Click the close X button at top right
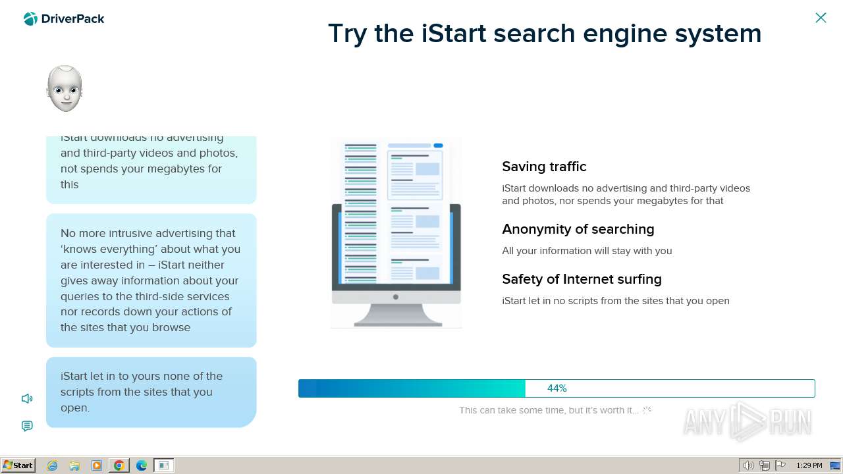(821, 18)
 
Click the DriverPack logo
(64, 19)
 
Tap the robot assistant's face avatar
(65, 89)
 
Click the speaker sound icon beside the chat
(27, 398)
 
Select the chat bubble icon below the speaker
(27, 426)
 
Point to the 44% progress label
(557, 388)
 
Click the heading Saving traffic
(544, 167)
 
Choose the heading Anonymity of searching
(578, 229)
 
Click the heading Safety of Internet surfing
(582, 279)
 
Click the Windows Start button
(18, 465)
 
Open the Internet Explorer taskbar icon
(53, 465)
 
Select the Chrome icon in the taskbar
(119, 465)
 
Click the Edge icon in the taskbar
(142, 465)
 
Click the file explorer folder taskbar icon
(74, 465)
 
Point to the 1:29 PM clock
(809, 465)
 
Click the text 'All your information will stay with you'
(587, 251)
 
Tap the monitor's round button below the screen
(395, 297)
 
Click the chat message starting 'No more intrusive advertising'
(151, 280)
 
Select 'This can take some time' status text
(548, 410)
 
